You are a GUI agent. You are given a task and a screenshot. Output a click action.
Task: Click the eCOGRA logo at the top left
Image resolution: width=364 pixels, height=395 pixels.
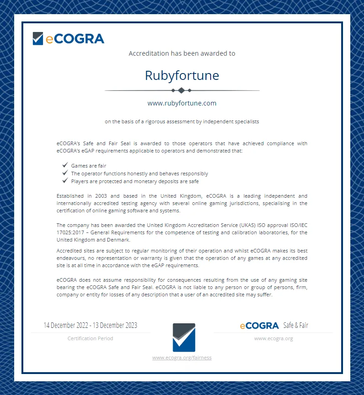[x=69, y=39]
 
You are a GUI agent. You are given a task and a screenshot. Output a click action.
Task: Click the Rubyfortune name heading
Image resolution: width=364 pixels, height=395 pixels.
[x=182, y=75]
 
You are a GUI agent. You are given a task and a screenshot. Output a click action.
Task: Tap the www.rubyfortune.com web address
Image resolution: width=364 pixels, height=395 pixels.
[x=182, y=103]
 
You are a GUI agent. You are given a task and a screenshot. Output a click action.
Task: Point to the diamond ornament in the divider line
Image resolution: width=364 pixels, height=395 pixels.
[x=181, y=90]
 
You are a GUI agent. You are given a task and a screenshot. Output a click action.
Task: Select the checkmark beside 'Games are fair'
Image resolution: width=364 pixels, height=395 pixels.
[x=65, y=165]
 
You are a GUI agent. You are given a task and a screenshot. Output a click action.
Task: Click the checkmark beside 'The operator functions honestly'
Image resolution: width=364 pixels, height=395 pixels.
[x=65, y=174]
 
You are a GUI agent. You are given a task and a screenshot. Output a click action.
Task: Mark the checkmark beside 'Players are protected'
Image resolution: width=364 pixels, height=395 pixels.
[x=65, y=181]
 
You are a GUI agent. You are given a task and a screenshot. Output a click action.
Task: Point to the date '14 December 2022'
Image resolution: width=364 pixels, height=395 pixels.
[x=65, y=326]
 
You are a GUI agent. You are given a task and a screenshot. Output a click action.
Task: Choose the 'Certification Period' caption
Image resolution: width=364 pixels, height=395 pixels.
[x=90, y=338]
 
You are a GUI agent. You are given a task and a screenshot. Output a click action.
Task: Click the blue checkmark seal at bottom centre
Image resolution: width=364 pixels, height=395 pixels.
[x=184, y=337]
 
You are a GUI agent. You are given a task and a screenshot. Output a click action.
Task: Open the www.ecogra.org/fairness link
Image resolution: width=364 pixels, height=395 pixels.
[x=182, y=358]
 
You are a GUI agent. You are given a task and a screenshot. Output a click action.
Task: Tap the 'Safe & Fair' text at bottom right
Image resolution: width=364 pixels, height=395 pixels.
[x=295, y=326]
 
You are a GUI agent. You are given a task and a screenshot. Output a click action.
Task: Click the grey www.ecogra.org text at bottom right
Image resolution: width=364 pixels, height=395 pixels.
[x=273, y=338]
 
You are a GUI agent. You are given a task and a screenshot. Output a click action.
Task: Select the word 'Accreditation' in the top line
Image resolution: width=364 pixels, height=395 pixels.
[x=148, y=53]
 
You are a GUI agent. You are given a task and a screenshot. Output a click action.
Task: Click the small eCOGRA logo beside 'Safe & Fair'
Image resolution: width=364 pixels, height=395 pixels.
[x=259, y=326]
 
